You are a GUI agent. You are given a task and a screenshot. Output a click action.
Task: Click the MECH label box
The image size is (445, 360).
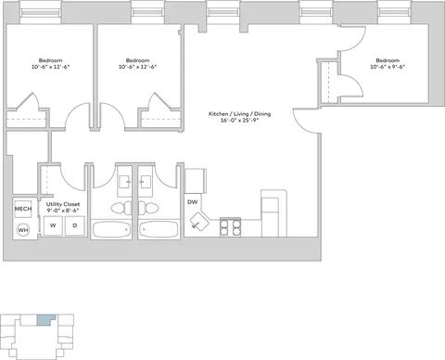point(23,209)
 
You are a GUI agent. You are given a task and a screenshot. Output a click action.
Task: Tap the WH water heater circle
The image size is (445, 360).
point(23,230)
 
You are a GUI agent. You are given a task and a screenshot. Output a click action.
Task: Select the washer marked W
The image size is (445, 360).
point(53,225)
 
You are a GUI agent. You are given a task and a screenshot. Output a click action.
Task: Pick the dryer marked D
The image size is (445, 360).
point(74,225)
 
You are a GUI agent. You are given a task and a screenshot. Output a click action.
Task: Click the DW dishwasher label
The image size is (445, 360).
point(192,202)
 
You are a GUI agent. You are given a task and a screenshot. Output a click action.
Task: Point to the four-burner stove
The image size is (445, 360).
point(230,227)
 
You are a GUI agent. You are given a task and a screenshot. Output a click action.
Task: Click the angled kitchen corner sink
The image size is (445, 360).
point(198,221)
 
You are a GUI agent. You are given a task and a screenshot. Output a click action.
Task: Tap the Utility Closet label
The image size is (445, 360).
point(63,204)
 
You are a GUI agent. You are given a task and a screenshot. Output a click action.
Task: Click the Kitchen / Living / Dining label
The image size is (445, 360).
point(239,114)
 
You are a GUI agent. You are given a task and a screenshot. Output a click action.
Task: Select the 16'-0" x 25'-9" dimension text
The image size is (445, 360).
point(239,121)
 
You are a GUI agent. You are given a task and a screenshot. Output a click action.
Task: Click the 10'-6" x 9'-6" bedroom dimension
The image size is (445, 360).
point(388,67)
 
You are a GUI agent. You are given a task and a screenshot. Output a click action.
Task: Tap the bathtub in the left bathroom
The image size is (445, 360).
point(112,230)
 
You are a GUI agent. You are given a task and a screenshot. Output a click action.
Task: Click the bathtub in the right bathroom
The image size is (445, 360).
point(159,230)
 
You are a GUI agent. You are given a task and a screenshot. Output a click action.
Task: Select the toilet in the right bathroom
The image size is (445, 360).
point(146,208)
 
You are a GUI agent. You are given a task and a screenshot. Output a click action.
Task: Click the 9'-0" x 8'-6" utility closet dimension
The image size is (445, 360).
point(63,211)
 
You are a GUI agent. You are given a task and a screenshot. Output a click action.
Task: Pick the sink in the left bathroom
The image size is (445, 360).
point(125,182)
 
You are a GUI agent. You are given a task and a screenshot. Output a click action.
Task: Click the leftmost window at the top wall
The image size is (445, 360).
point(40,13)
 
